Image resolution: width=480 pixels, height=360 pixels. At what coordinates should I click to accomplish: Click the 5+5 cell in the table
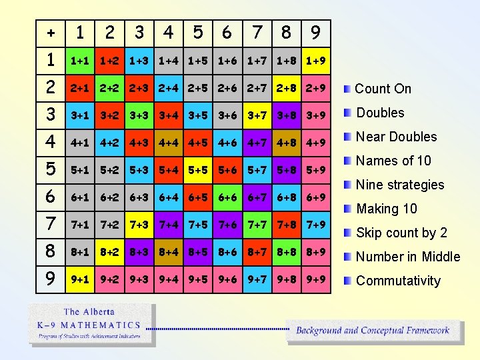click(198, 170)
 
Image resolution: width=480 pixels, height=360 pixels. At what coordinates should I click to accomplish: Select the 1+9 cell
click(315, 61)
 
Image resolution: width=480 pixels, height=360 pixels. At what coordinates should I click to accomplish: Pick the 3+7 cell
click(257, 115)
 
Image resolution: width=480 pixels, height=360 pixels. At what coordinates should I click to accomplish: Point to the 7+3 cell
click(139, 225)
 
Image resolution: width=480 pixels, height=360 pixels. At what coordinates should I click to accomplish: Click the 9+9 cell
click(315, 279)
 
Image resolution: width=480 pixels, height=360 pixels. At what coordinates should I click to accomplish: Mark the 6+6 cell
click(227, 197)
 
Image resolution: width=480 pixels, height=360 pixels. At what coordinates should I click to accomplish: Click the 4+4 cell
click(169, 143)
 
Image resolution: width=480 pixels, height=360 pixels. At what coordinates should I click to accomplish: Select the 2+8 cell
click(286, 88)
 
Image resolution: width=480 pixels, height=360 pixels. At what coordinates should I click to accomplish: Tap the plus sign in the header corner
click(51, 32)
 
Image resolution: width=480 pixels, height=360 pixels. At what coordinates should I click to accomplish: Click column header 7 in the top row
click(257, 32)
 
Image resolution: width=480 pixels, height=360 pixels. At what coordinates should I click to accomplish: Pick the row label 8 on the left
click(51, 252)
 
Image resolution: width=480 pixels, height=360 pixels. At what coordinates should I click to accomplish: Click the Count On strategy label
click(383, 89)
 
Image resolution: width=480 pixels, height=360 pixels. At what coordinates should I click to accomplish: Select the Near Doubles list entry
click(396, 137)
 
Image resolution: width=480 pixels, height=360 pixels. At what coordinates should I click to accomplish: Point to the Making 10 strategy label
click(387, 209)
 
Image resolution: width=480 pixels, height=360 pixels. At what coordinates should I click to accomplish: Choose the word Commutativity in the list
click(398, 281)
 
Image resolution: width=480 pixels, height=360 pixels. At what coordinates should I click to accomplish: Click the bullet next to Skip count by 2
click(347, 233)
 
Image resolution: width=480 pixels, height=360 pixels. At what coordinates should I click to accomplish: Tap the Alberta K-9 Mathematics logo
click(91, 325)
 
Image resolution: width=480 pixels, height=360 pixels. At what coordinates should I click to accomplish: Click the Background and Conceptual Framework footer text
click(373, 330)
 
